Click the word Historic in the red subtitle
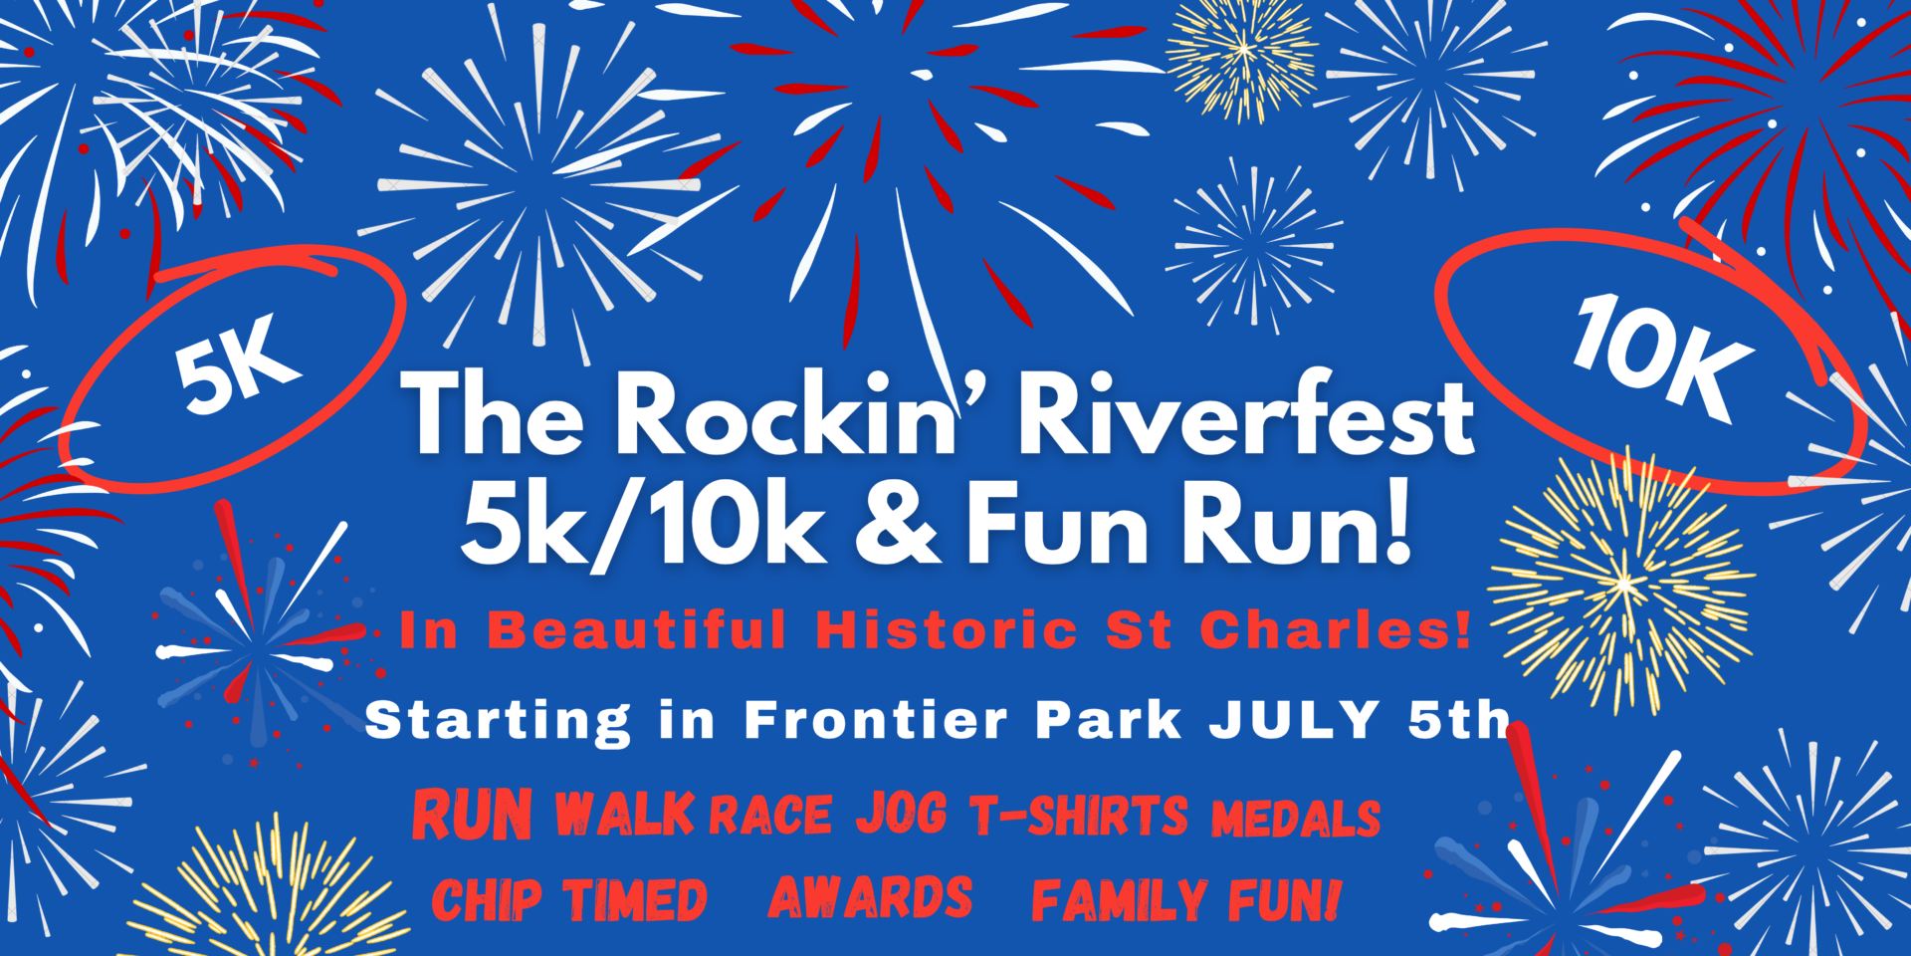click(947, 630)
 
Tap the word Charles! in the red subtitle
click(1336, 630)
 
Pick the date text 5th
click(1459, 719)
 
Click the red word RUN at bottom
click(473, 815)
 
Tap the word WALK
click(624, 815)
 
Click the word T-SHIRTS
click(1079, 815)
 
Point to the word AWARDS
click(871, 897)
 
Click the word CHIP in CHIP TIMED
click(487, 901)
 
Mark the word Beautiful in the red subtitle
click(637, 630)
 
